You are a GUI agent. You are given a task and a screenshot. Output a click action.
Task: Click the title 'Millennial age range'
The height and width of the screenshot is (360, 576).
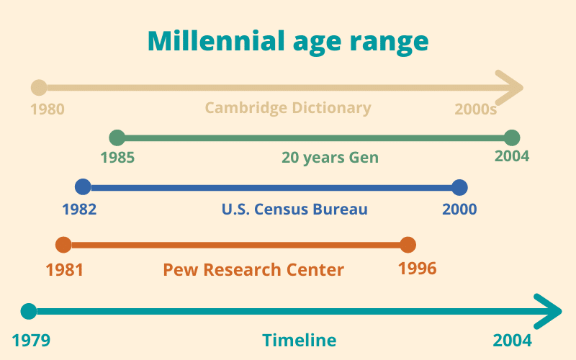click(288, 41)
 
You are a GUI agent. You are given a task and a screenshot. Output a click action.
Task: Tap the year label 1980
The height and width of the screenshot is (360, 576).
click(48, 110)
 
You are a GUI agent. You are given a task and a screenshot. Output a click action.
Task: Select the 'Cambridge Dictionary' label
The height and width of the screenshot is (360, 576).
click(288, 108)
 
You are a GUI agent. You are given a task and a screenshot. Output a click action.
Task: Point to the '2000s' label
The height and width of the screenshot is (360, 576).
click(476, 110)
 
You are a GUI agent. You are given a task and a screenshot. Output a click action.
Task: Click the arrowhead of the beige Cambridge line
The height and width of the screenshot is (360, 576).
click(513, 88)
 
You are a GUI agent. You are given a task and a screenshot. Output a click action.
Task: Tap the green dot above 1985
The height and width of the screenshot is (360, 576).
click(117, 138)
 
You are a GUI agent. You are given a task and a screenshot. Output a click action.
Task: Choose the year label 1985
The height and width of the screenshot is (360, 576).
click(117, 157)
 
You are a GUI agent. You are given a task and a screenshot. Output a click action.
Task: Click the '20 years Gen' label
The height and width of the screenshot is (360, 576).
click(330, 158)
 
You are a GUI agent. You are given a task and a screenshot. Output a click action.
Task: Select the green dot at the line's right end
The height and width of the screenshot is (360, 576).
click(512, 138)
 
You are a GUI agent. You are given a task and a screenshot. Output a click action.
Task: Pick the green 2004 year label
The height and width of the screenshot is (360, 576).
click(512, 156)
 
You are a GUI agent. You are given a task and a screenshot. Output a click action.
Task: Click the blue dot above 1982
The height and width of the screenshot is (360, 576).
click(83, 188)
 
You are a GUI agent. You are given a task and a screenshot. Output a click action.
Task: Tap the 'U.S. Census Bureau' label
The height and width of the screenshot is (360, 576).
click(294, 210)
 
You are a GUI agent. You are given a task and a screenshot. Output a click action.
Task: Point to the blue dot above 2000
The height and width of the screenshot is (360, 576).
click(460, 188)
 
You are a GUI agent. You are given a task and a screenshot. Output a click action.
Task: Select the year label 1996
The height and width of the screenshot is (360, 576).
click(418, 269)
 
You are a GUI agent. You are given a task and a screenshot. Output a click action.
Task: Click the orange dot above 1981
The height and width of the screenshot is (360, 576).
click(63, 245)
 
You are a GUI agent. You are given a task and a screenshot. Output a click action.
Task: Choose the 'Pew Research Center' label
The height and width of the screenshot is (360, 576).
click(253, 270)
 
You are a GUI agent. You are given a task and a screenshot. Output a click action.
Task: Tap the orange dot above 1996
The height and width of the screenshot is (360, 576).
click(408, 245)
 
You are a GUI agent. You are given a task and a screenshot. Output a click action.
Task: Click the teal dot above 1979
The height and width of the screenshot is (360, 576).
click(28, 312)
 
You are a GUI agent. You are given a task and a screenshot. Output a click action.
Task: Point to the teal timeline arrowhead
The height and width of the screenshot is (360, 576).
click(551, 312)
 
